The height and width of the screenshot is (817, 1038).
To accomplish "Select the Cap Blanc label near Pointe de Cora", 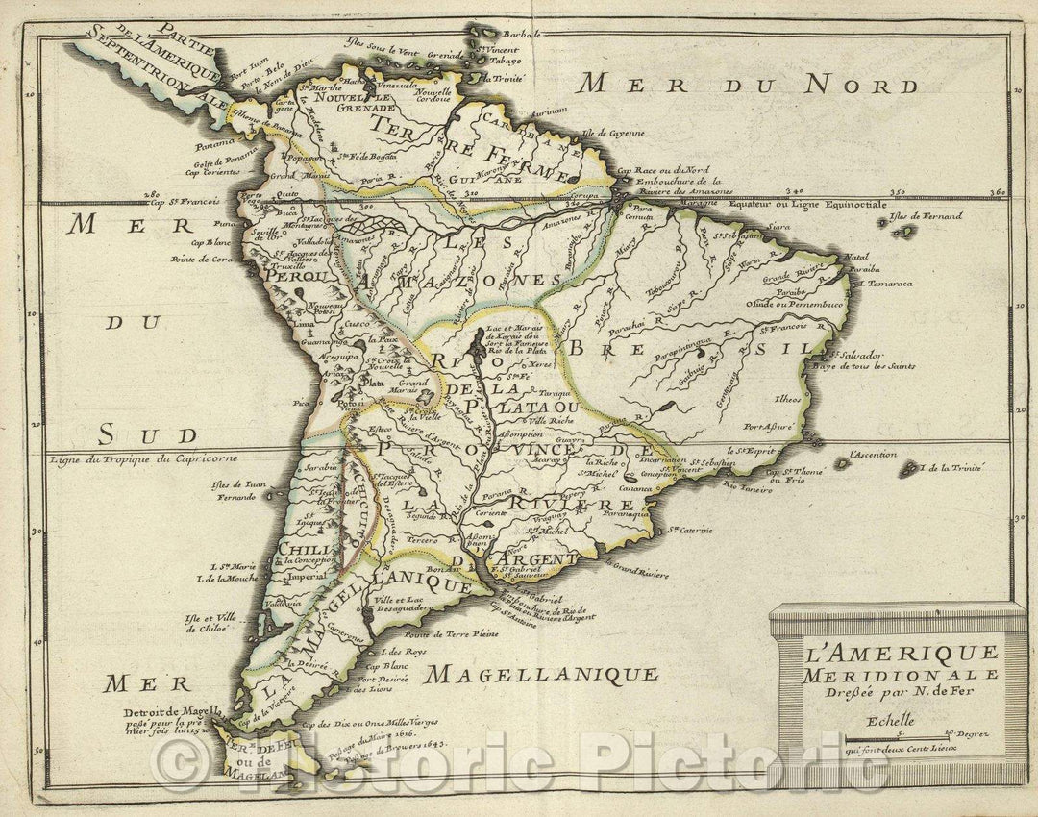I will tap(205, 242).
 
